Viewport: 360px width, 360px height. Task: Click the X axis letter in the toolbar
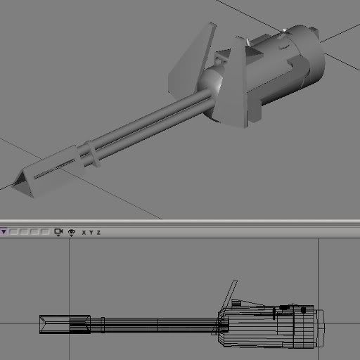pyautogui.click(x=84, y=233)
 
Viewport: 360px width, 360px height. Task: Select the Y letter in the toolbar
pyautogui.click(x=91, y=233)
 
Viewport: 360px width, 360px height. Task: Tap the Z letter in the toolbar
pyautogui.click(x=98, y=233)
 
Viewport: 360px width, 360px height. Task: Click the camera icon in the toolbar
pyautogui.click(x=58, y=232)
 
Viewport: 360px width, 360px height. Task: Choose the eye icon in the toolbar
pyautogui.click(x=72, y=232)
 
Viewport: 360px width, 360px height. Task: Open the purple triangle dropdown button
pyautogui.click(x=4, y=232)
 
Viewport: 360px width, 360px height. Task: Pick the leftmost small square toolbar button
pyautogui.click(x=13, y=232)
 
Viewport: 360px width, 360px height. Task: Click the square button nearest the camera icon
pyautogui.click(x=45, y=232)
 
